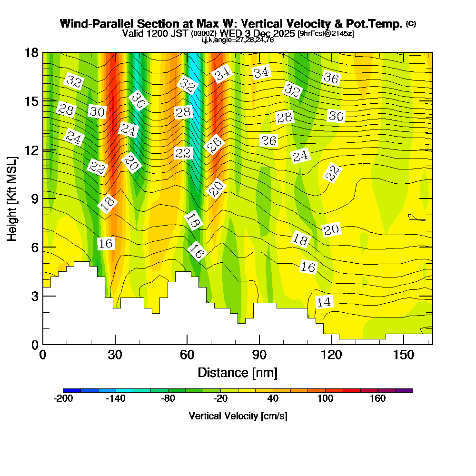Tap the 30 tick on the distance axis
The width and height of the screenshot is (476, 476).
(115, 355)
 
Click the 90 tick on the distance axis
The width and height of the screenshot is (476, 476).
(259, 355)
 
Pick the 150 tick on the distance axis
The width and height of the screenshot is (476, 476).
(403, 355)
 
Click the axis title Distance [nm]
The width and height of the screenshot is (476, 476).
(238, 372)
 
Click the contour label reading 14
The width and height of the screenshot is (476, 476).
(324, 302)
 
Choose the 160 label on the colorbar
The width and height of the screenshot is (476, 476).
(377, 399)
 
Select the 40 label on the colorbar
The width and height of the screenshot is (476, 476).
(273, 399)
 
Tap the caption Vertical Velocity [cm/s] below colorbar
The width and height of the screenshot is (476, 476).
(238, 416)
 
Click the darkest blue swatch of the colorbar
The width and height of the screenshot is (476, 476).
(71, 390)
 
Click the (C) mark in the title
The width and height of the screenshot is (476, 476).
(411, 24)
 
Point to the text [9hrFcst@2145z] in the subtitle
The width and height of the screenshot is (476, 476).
(325, 34)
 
